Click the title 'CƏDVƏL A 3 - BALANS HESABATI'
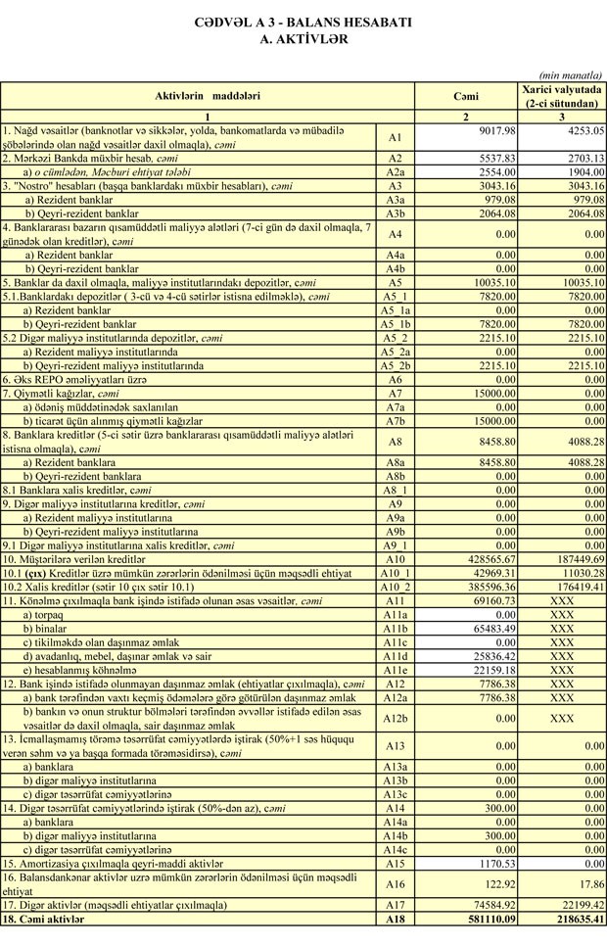click(x=303, y=21)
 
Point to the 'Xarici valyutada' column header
click(x=561, y=89)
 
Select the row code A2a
click(x=396, y=170)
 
